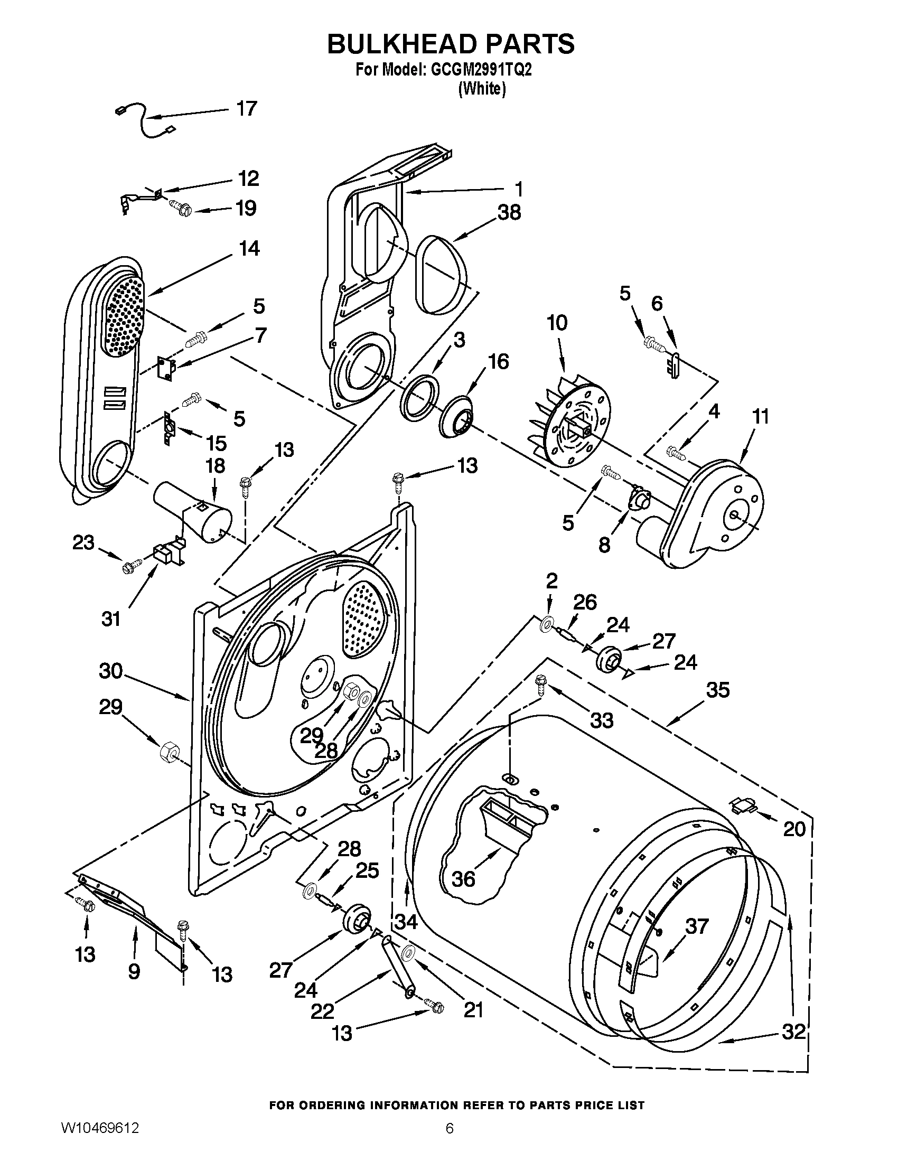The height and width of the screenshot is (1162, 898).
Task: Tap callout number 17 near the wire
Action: (x=246, y=109)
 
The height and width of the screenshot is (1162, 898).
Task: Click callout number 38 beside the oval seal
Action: (x=509, y=213)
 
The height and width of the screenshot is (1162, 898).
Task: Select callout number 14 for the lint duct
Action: (x=249, y=248)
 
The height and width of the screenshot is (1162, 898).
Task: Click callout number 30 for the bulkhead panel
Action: (x=110, y=671)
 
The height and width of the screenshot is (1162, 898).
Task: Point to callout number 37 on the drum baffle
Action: (x=696, y=926)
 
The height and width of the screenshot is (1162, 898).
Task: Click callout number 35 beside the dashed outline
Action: (x=718, y=691)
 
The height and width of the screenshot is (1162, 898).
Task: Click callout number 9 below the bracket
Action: (x=134, y=971)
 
